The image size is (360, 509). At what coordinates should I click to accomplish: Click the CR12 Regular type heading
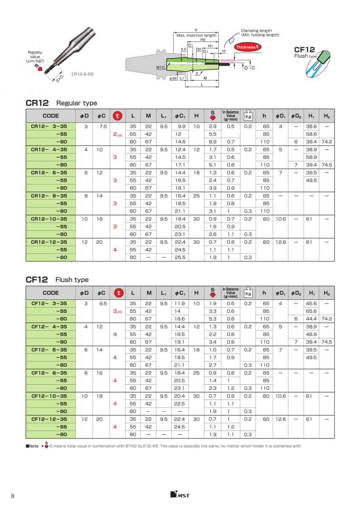coord(61,103)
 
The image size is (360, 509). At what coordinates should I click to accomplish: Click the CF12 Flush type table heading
coord(57,280)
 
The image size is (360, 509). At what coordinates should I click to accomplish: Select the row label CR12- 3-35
coord(49,126)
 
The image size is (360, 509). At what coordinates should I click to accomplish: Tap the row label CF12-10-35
coord(49,396)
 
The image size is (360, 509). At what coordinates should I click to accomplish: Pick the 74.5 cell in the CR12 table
coord(327,165)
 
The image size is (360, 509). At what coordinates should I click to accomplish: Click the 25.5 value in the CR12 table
coord(181,257)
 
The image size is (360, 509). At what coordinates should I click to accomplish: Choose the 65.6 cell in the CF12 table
coord(311,311)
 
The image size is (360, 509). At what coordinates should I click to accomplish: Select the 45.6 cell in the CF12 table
coord(311,303)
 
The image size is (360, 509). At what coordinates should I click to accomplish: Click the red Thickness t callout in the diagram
coord(248,47)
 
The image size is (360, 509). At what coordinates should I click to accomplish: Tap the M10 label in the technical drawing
coord(160,67)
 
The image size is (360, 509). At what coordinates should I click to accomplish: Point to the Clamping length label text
coord(256,31)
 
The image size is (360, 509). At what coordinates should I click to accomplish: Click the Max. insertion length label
coord(196,35)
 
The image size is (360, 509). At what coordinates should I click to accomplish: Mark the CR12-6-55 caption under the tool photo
coord(82,74)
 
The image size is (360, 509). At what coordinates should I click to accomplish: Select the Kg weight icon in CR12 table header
coord(248,116)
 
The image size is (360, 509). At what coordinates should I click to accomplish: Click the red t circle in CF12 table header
coord(119,293)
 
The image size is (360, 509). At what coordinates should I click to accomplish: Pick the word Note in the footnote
coord(34,446)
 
